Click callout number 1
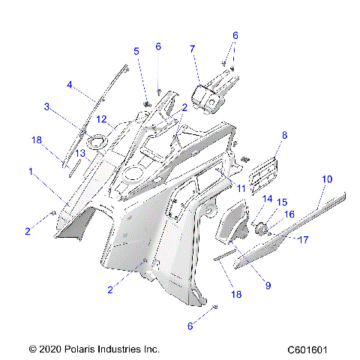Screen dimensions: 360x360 coord(30,171)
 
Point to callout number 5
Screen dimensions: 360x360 coord(136,51)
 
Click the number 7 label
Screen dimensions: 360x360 coord(193,49)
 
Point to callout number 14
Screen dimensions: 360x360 coord(266,199)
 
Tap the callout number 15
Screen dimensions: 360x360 coord(283,202)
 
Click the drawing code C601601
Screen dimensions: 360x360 coord(310,349)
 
